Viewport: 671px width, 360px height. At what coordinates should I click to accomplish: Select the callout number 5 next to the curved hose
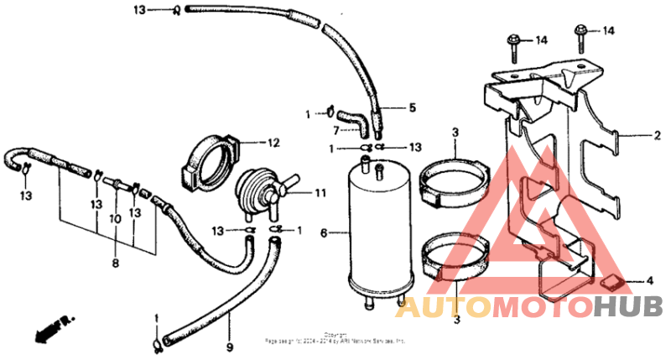point(412,107)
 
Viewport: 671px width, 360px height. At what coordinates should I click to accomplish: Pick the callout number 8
point(115,263)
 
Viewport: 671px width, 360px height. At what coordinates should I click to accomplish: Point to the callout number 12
point(273,142)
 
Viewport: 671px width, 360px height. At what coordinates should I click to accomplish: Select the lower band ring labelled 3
point(454,256)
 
